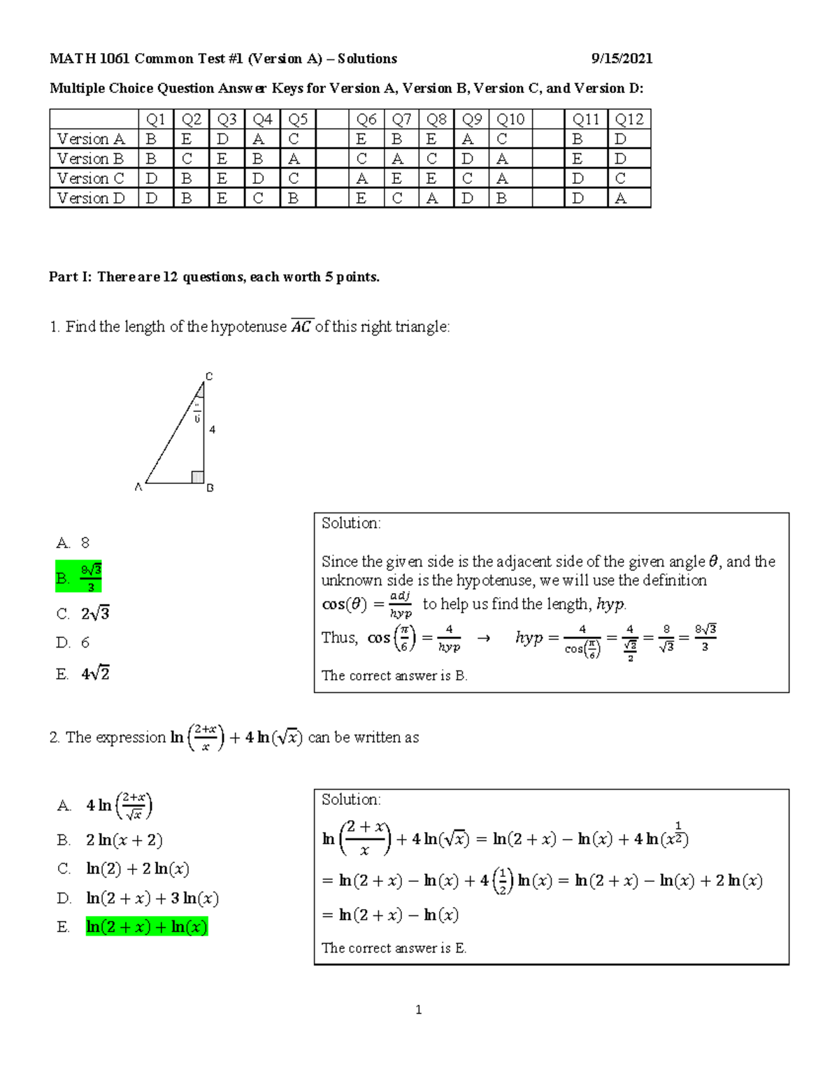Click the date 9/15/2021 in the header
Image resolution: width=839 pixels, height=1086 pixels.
pos(622,59)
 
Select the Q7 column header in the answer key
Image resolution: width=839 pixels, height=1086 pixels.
pos(401,120)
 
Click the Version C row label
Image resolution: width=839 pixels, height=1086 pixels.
pos(91,178)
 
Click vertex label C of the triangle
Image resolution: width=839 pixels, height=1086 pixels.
pos(208,376)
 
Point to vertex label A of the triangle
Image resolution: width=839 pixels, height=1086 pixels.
pos(138,487)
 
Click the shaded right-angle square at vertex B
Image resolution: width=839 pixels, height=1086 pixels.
pos(198,477)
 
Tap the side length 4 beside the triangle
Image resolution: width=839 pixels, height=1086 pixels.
pos(212,429)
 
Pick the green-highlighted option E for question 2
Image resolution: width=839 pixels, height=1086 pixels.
pos(147,927)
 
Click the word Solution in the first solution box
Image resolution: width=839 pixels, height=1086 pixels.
pos(351,523)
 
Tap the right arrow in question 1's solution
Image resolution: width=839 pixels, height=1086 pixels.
pos(483,638)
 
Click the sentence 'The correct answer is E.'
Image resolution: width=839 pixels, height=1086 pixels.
pos(394,948)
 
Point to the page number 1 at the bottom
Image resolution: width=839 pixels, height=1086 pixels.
pos(418,1010)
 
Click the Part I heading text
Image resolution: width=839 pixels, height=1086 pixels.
pos(214,277)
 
